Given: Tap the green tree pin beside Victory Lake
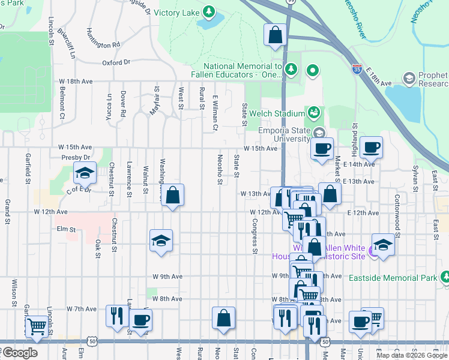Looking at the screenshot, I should click(x=209, y=11).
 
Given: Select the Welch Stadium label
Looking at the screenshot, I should click(x=278, y=114).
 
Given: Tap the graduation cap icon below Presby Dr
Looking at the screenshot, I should click(x=85, y=173).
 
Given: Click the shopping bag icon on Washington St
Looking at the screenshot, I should click(x=172, y=196).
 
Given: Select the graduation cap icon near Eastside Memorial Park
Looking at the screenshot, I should click(x=382, y=244).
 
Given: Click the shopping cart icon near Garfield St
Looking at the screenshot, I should click(x=37, y=327).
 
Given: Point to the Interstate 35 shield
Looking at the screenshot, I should click(x=357, y=70).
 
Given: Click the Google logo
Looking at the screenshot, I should click(x=19, y=353).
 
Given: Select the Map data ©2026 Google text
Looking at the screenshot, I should click(x=412, y=355).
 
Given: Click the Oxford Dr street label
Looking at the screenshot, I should click(x=116, y=62).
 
